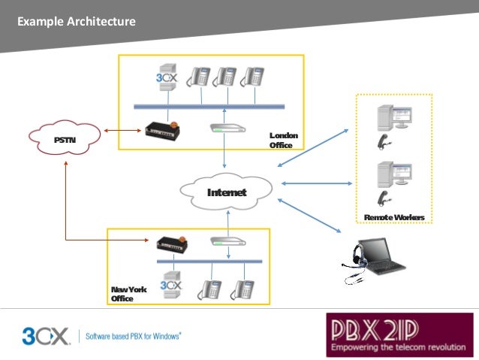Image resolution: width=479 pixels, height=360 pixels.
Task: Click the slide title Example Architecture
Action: (77, 22)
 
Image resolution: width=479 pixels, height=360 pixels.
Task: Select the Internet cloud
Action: (226, 192)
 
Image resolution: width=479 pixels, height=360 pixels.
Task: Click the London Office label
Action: (283, 141)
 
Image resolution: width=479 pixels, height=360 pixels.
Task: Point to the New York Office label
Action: (128, 294)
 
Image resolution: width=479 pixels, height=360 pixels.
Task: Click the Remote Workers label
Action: (393, 217)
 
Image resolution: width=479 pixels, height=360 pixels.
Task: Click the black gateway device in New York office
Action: (175, 243)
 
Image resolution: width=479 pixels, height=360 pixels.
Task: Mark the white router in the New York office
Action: (228, 241)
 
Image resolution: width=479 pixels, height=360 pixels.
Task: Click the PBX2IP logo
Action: (399, 334)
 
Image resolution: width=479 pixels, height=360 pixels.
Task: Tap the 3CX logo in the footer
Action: (47, 334)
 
